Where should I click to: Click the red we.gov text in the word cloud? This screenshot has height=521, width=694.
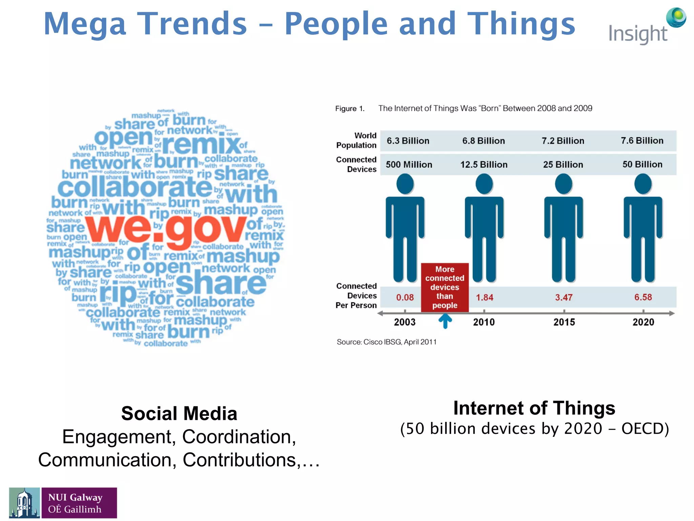[x=165, y=229]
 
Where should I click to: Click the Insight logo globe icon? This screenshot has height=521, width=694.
[x=676, y=18]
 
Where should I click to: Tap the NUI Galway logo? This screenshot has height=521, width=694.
[x=63, y=503]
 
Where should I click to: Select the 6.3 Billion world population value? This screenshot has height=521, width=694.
[x=408, y=141]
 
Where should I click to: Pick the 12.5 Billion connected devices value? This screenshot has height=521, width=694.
[x=484, y=165]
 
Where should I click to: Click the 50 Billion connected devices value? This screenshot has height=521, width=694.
[x=642, y=165]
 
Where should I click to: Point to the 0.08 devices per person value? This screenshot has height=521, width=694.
[x=405, y=297]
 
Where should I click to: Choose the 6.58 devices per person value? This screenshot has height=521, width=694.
[x=643, y=297]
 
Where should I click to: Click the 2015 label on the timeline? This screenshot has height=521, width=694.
[x=564, y=322]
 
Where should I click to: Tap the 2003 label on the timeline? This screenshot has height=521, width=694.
[x=405, y=322]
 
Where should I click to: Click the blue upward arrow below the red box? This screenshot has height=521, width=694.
[x=445, y=321]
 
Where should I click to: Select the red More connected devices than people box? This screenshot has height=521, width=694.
[x=445, y=287]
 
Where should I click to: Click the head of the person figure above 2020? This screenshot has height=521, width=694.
[x=643, y=184]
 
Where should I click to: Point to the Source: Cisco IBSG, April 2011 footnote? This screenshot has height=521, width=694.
[x=386, y=342]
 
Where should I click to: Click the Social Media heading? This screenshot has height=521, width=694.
[x=179, y=413]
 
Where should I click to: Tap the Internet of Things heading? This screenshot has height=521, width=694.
[x=534, y=408]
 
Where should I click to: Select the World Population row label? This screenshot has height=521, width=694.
[x=356, y=140]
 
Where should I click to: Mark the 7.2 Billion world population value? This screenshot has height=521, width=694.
[x=563, y=141]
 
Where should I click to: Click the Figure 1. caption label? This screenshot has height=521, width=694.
[x=350, y=109]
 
